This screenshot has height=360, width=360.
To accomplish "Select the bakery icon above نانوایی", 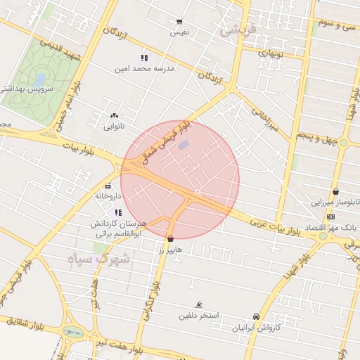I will (x=114, y=115).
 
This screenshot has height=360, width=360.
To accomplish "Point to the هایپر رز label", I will (x=170, y=250).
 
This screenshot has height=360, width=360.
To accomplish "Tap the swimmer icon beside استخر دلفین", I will (x=200, y=304).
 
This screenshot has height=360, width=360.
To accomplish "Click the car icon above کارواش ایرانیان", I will (x=257, y=317).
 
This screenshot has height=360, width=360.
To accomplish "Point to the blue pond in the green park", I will (x=40, y=79).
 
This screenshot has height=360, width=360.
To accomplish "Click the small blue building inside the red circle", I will (x=184, y=145).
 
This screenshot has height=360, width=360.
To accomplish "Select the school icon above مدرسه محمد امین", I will (x=144, y=58).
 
